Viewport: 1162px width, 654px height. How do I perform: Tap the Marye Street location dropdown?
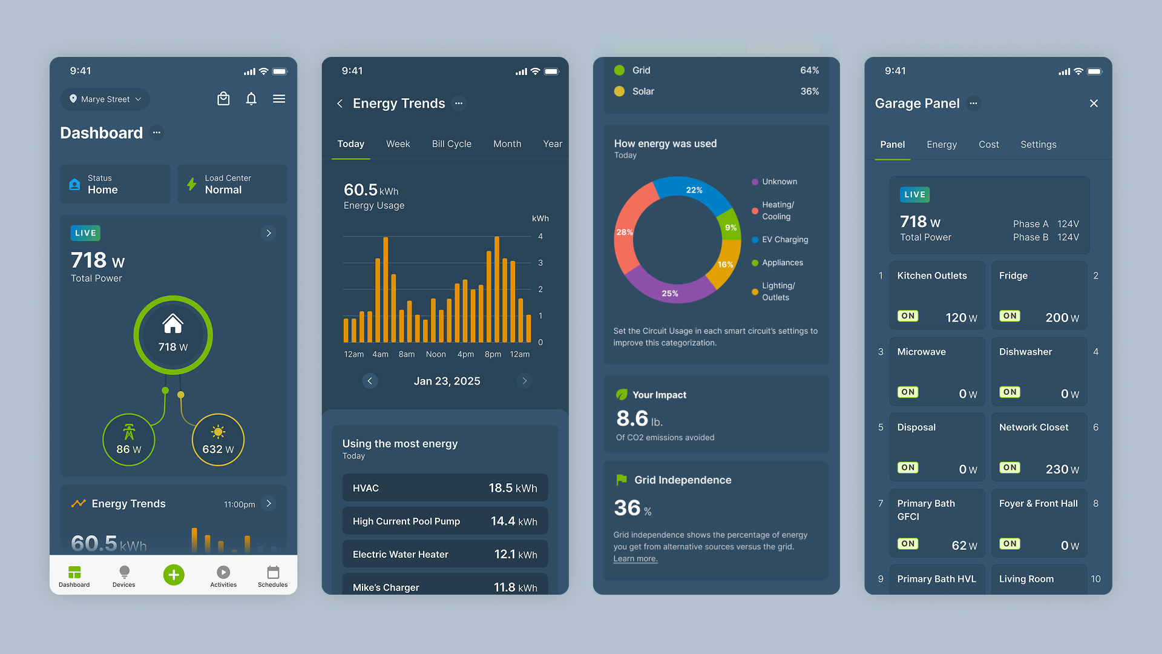tap(105, 99)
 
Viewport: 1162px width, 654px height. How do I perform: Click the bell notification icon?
tap(251, 99)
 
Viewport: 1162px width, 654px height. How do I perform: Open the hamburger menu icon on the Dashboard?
tap(279, 99)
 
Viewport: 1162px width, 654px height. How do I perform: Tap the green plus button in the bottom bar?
tap(174, 575)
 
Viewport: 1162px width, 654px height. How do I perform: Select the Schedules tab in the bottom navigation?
tap(273, 576)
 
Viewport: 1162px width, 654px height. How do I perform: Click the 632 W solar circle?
tap(218, 440)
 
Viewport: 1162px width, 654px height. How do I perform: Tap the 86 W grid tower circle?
tap(129, 440)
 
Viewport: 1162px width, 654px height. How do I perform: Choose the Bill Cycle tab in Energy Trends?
tap(451, 144)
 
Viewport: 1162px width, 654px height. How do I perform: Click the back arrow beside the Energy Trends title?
tap(340, 104)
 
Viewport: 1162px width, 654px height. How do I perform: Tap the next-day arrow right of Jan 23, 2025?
tap(524, 381)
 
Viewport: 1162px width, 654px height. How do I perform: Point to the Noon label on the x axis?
tap(436, 354)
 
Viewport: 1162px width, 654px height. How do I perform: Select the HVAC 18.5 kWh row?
tap(445, 488)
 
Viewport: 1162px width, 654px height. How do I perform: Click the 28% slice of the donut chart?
tap(626, 232)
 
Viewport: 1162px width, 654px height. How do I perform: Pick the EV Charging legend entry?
tap(784, 240)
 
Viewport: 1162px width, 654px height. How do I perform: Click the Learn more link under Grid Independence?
tap(635, 559)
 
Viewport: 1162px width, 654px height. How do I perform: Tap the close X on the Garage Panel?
tap(1094, 104)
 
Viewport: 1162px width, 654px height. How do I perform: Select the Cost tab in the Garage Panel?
tap(988, 145)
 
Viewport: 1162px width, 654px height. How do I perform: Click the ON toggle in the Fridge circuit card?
tap(1009, 316)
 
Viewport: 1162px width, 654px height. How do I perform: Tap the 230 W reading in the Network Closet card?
tap(1062, 469)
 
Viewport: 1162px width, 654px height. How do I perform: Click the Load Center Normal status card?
tap(232, 184)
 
